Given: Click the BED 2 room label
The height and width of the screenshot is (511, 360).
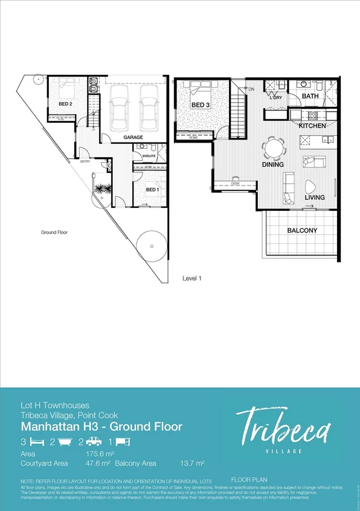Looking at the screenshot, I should (65, 103).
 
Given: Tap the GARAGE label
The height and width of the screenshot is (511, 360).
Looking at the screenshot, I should (133, 138).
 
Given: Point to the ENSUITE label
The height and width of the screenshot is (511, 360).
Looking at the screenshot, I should (149, 156).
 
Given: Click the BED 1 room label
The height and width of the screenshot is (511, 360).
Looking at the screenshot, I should (153, 189).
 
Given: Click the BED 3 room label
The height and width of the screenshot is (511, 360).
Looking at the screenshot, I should (201, 105).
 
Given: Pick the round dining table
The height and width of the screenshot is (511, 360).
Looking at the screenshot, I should (274, 147).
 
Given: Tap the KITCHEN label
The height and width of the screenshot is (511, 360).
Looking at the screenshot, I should (312, 126).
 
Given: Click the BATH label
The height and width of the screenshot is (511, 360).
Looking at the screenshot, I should (310, 96).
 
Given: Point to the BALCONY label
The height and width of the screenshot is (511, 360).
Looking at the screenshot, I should (302, 231).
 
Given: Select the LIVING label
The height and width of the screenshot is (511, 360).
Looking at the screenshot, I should (314, 198).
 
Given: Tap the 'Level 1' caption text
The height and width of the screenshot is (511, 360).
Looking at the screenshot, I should (192, 278).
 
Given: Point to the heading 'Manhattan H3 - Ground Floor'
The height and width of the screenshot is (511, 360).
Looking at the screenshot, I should (101, 427).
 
